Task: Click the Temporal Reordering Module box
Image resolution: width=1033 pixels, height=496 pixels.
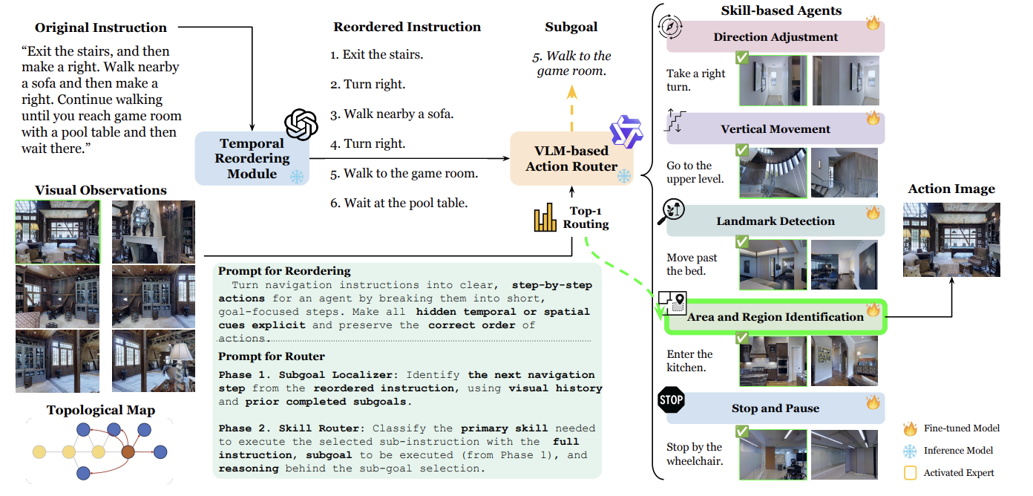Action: (x=252, y=158)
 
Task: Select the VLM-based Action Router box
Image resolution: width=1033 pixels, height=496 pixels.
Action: (x=571, y=158)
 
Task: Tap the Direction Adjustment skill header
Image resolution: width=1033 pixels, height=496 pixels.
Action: (x=775, y=36)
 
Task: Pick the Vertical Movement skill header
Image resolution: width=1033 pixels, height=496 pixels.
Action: (x=775, y=128)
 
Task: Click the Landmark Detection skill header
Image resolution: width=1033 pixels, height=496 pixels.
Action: (x=775, y=221)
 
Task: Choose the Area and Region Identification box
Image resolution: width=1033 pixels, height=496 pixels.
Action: (x=775, y=317)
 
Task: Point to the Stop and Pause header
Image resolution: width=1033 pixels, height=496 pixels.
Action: (x=775, y=408)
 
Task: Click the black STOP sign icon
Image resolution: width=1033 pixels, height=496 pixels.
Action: (x=671, y=399)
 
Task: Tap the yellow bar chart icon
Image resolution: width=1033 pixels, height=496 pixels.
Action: (x=545, y=217)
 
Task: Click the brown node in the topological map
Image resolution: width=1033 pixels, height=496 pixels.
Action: (x=128, y=451)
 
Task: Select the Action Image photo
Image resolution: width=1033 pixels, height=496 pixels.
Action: (x=951, y=240)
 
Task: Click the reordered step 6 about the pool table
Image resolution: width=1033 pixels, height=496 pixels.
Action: (x=399, y=203)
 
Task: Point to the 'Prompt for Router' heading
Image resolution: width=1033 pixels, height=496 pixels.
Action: (x=271, y=356)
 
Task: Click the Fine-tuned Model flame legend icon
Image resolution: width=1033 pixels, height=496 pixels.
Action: (x=910, y=428)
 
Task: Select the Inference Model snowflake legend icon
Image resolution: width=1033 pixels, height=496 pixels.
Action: (x=910, y=451)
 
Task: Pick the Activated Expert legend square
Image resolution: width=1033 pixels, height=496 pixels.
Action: (x=911, y=473)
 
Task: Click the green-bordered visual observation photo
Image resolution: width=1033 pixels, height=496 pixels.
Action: (x=58, y=232)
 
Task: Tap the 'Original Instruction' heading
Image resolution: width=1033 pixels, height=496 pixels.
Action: (x=101, y=27)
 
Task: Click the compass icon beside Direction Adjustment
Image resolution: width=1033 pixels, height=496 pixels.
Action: (x=670, y=27)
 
